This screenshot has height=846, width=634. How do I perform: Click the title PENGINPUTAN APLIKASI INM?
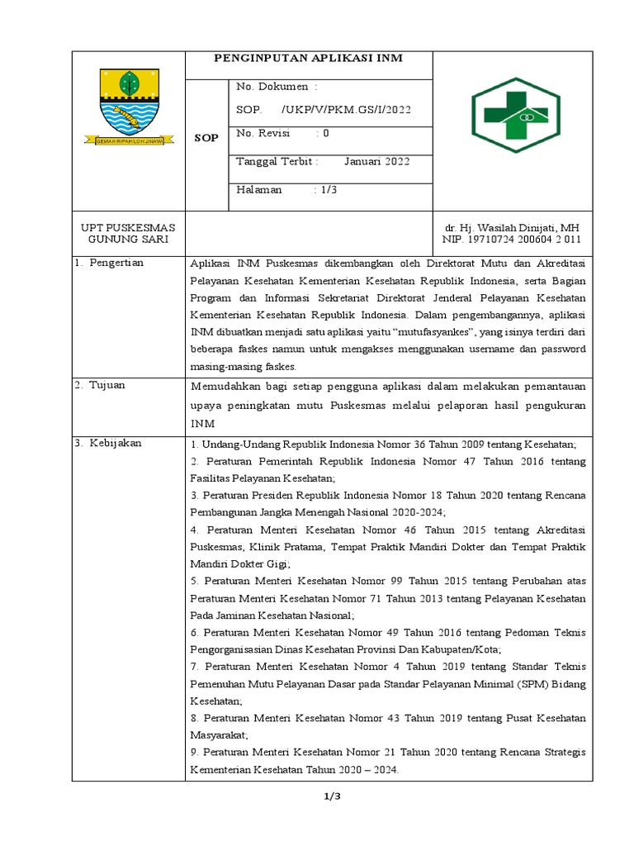309,58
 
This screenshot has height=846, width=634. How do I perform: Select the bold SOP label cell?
206,138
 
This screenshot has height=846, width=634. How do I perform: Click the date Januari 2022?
376,161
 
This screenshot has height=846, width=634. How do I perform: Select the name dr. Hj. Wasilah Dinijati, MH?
512,227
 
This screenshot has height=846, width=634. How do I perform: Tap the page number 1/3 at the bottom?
332,796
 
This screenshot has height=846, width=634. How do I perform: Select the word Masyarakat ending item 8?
218,734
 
